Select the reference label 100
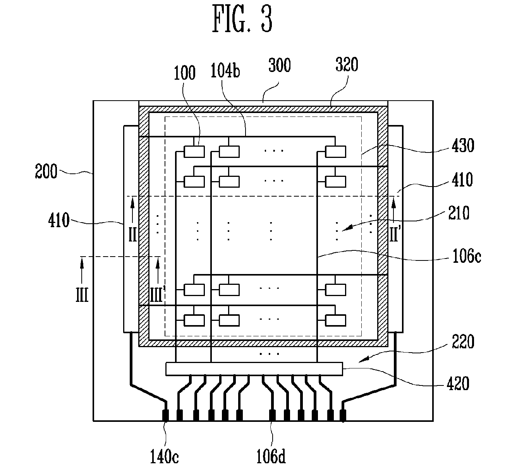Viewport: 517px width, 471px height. click(185, 73)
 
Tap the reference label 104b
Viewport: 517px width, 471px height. click(225, 70)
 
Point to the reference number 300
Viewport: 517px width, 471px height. click(280, 65)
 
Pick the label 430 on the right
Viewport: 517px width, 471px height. click(463, 146)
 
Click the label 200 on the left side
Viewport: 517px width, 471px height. click(46, 171)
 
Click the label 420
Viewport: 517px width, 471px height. click(458, 384)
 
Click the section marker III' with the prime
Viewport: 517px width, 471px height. click(157, 295)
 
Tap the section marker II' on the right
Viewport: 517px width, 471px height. click(394, 234)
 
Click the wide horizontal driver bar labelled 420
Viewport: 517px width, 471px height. click(254, 369)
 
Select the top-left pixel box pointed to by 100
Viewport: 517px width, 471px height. click(194, 151)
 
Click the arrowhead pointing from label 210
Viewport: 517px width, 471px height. click(345, 228)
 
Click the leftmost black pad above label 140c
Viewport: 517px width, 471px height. click(165, 415)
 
